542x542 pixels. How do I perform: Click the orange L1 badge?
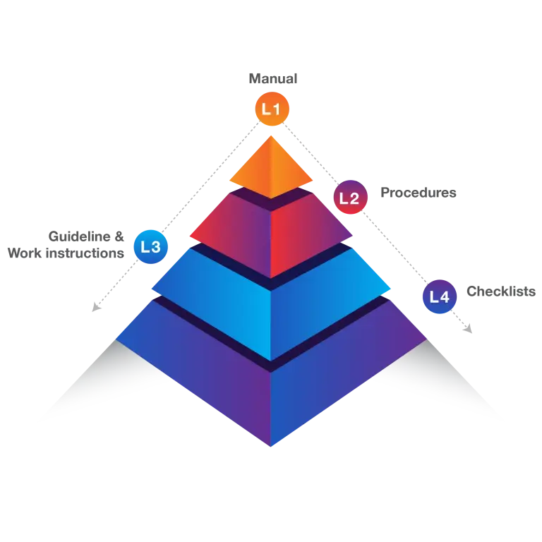click(271, 109)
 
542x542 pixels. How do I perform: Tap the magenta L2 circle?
click(349, 198)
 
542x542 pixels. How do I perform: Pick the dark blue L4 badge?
click(439, 296)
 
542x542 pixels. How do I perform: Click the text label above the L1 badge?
click(274, 76)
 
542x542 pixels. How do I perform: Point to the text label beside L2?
click(417, 192)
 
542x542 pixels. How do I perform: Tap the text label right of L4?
click(502, 291)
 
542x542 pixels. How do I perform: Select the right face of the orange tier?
click(290, 173)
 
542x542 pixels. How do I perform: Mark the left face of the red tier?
click(233, 236)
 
